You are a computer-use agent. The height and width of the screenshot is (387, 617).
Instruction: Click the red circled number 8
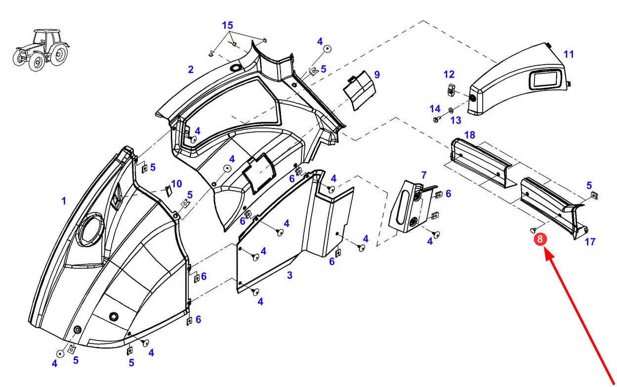pos(539,239)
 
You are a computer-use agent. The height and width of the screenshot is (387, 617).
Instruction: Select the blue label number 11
pos(569,54)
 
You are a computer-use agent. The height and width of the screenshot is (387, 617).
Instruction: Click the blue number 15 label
pos(228,25)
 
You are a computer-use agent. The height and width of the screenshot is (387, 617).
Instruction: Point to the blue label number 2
pos(191,70)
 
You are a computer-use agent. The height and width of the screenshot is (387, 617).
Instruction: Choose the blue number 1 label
pos(64,201)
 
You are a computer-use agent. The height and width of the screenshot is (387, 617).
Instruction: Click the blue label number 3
pos(289,275)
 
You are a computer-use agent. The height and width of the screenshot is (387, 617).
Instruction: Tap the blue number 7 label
pos(424,175)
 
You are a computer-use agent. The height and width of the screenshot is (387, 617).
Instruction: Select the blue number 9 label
pos(377,75)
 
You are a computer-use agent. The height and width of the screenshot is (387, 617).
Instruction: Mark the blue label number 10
pos(176,184)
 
